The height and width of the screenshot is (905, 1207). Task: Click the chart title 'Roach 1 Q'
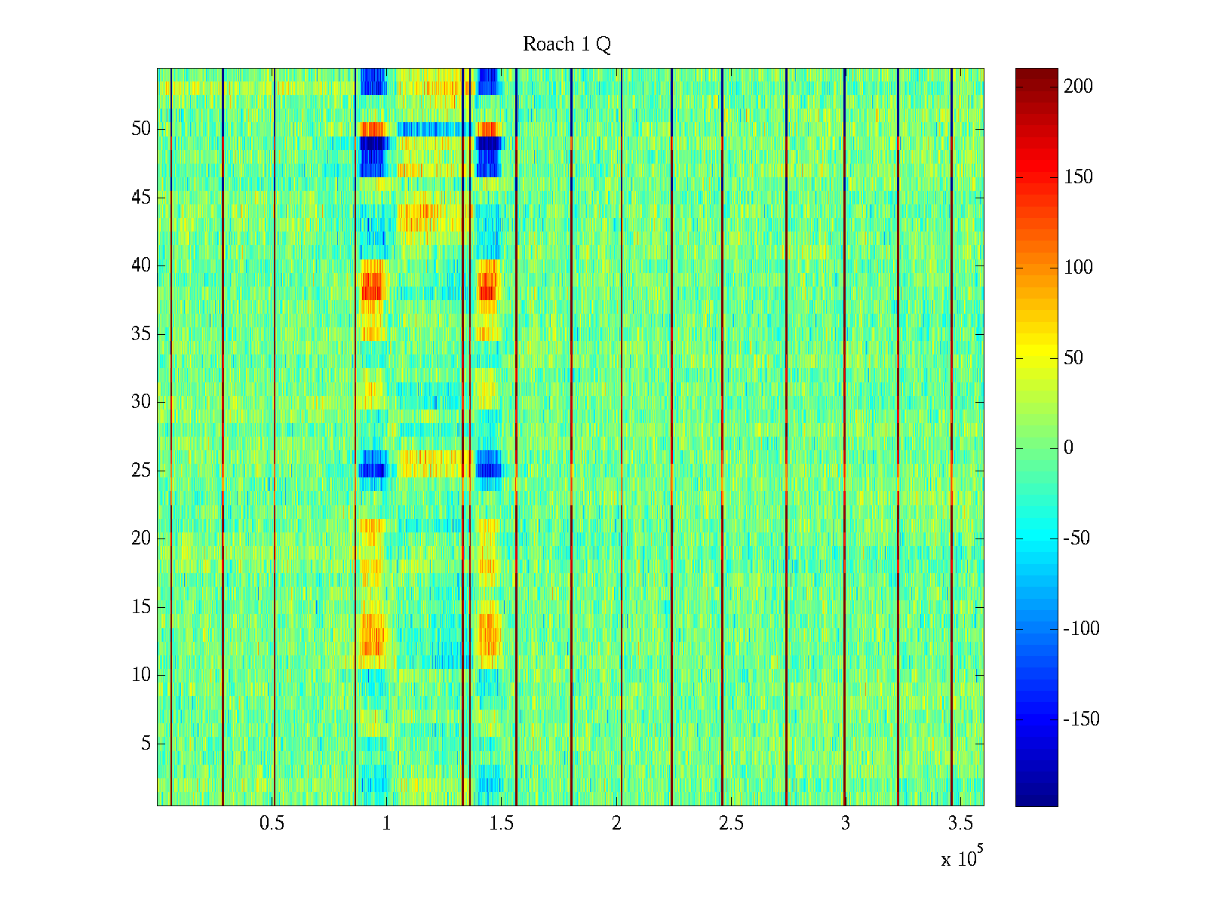coord(567,45)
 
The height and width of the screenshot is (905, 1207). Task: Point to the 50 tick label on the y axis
coord(141,129)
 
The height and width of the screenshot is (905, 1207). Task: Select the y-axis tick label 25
coord(141,471)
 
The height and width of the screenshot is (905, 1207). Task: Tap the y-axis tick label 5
coord(146,744)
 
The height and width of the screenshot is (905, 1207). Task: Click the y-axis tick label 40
coord(141,265)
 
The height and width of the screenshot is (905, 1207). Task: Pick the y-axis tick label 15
coord(141,607)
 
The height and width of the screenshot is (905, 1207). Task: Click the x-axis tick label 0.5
coord(272,824)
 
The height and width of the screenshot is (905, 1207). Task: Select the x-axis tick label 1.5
coord(501,824)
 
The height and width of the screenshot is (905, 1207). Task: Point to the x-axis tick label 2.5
coord(730,824)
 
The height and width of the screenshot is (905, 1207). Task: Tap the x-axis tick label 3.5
coord(960,824)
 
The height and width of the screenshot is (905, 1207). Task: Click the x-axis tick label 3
coord(845,824)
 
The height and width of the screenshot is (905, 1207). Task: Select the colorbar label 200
coord(1078,87)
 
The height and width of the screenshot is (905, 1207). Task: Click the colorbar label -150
coord(1081,719)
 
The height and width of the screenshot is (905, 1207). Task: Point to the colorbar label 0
coord(1068,448)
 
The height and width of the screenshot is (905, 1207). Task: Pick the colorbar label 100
coord(1078,268)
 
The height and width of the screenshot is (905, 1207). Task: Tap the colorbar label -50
coord(1078,538)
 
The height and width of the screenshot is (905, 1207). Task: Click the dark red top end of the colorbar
coord(1037,73)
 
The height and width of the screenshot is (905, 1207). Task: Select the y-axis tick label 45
coord(141,198)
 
